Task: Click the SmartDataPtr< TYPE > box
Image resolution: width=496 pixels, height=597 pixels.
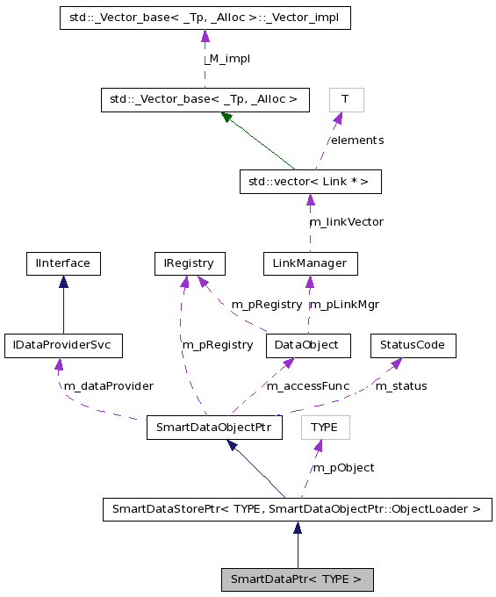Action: click(297, 579)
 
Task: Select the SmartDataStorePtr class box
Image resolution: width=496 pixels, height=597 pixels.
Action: click(297, 508)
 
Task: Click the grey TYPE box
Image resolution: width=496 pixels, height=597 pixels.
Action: click(325, 428)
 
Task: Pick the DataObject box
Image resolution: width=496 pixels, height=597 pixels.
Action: click(308, 345)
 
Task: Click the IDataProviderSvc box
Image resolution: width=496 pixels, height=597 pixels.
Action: click(63, 345)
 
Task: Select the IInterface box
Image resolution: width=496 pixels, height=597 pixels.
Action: click(63, 263)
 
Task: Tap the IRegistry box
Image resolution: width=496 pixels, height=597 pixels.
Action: click(189, 263)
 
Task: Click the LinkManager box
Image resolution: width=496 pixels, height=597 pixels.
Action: click(310, 263)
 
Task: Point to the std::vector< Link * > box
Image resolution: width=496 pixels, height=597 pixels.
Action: click(310, 182)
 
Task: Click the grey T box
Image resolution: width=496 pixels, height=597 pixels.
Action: click(346, 99)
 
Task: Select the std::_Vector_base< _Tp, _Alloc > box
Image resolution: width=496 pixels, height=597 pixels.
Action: click(205, 99)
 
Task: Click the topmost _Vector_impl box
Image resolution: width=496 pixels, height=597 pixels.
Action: click(205, 18)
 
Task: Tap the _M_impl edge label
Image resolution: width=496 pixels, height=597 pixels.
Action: click(226, 58)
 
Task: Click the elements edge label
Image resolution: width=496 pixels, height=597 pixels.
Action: click(356, 140)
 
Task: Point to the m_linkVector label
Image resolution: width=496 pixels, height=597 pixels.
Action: click(346, 222)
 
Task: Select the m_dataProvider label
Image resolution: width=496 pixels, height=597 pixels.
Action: click(109, 386)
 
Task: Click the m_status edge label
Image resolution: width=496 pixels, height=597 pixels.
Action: click(401, 386)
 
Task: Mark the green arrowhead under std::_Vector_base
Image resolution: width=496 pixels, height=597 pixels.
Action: click(227, 116)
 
